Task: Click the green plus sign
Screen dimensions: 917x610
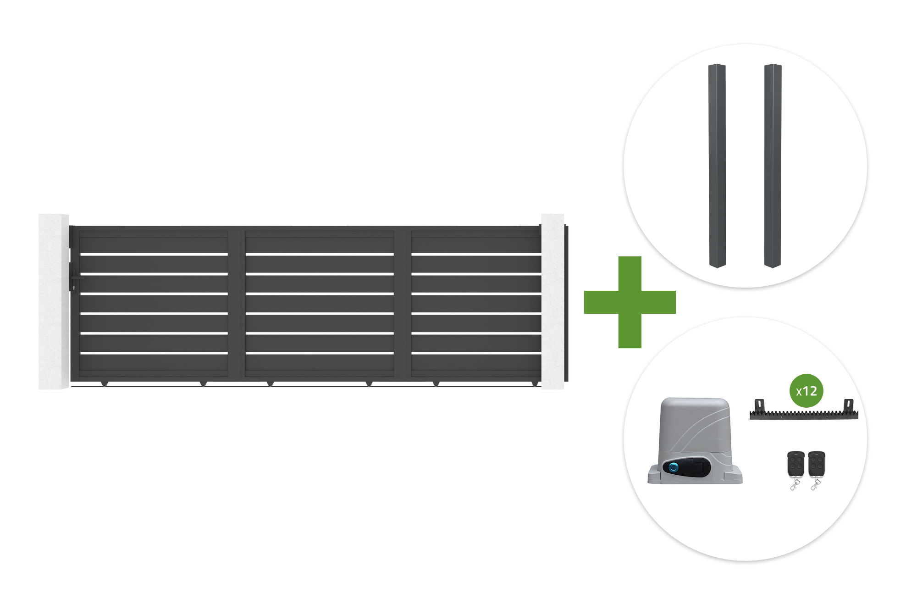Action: click(x=630, y=302)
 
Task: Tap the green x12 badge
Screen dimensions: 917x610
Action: click(x=807, y=391)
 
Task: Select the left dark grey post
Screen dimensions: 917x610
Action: click(x=717, y=166)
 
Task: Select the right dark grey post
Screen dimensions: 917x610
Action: click(x=773, y=166)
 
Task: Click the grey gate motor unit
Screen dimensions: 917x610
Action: click(x=695, y=441)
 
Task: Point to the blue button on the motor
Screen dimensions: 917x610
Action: click(x=674, y=468)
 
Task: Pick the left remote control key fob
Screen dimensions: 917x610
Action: click(x=796, y=470)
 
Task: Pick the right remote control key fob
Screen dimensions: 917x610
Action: click(x=816, y=470)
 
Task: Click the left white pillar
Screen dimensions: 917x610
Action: click(x=54, y=301)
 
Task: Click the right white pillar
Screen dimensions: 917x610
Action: click(x=552, y=301)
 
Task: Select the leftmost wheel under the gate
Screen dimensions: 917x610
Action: click(x=105, y=383)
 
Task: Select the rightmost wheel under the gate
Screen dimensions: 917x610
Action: click(x=535, y=383)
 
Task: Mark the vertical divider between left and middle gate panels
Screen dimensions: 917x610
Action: click(x=237, y=303)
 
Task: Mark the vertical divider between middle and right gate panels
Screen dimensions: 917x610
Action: click(x=403, y=303)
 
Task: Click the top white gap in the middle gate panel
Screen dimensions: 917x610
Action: click(x=320, y=254)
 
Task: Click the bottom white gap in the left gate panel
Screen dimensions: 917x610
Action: click(x=154, y=353)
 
